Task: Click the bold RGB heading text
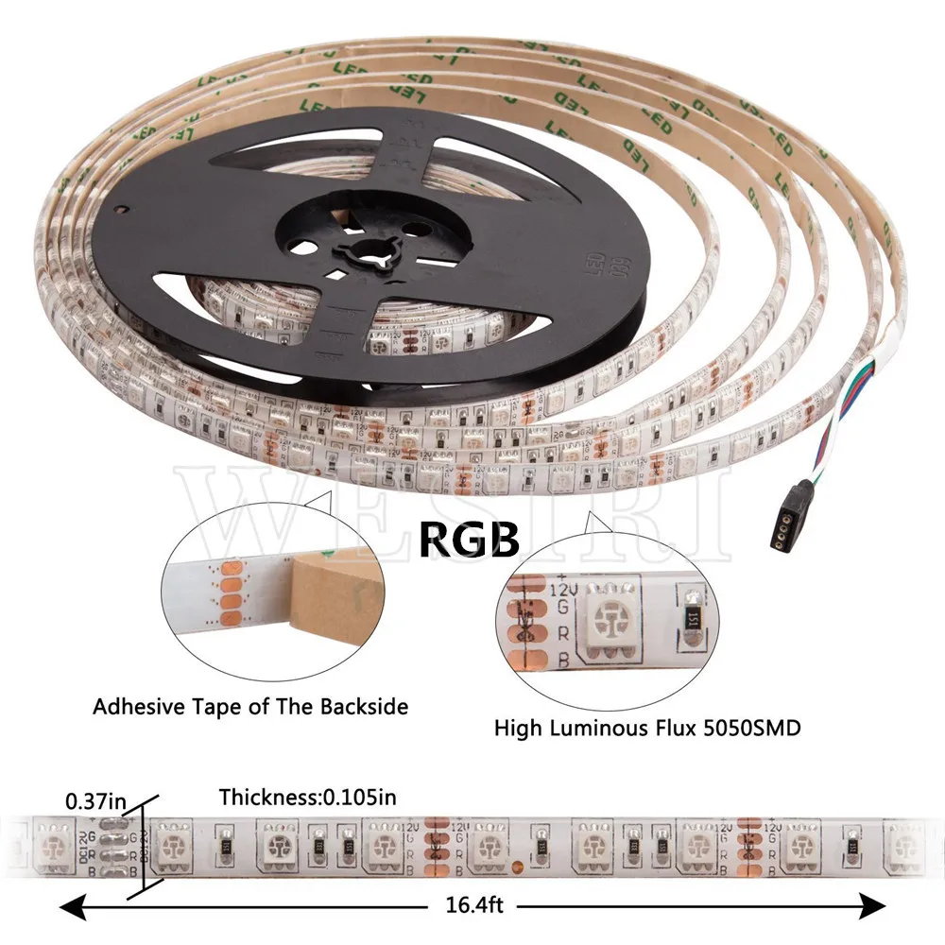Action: [x=470, y=540]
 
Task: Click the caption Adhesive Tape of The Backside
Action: [x=250, y=706]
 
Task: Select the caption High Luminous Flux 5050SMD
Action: [x=648, y=728]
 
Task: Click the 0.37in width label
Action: [x=95, y=801]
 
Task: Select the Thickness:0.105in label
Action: [x=307, y=798]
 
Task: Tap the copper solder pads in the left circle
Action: [x=229, y=595]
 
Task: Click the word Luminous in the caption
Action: [x=610, y=728]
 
